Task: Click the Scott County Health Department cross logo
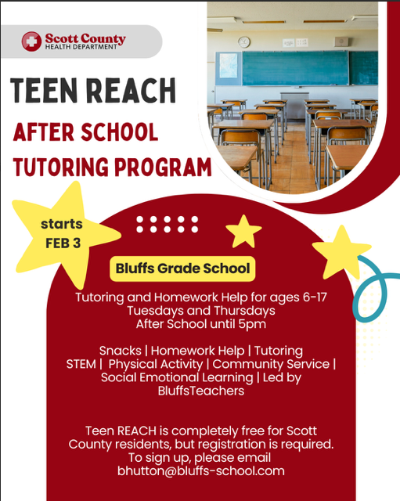click(32, 41)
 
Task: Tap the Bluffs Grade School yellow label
click(183, 269)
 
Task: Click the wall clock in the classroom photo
click(243, 42)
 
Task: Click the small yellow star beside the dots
click(243, 231)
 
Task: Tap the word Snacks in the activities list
click(121, 351)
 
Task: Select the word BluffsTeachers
click(200, 390)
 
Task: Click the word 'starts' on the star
click(61, 225)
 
